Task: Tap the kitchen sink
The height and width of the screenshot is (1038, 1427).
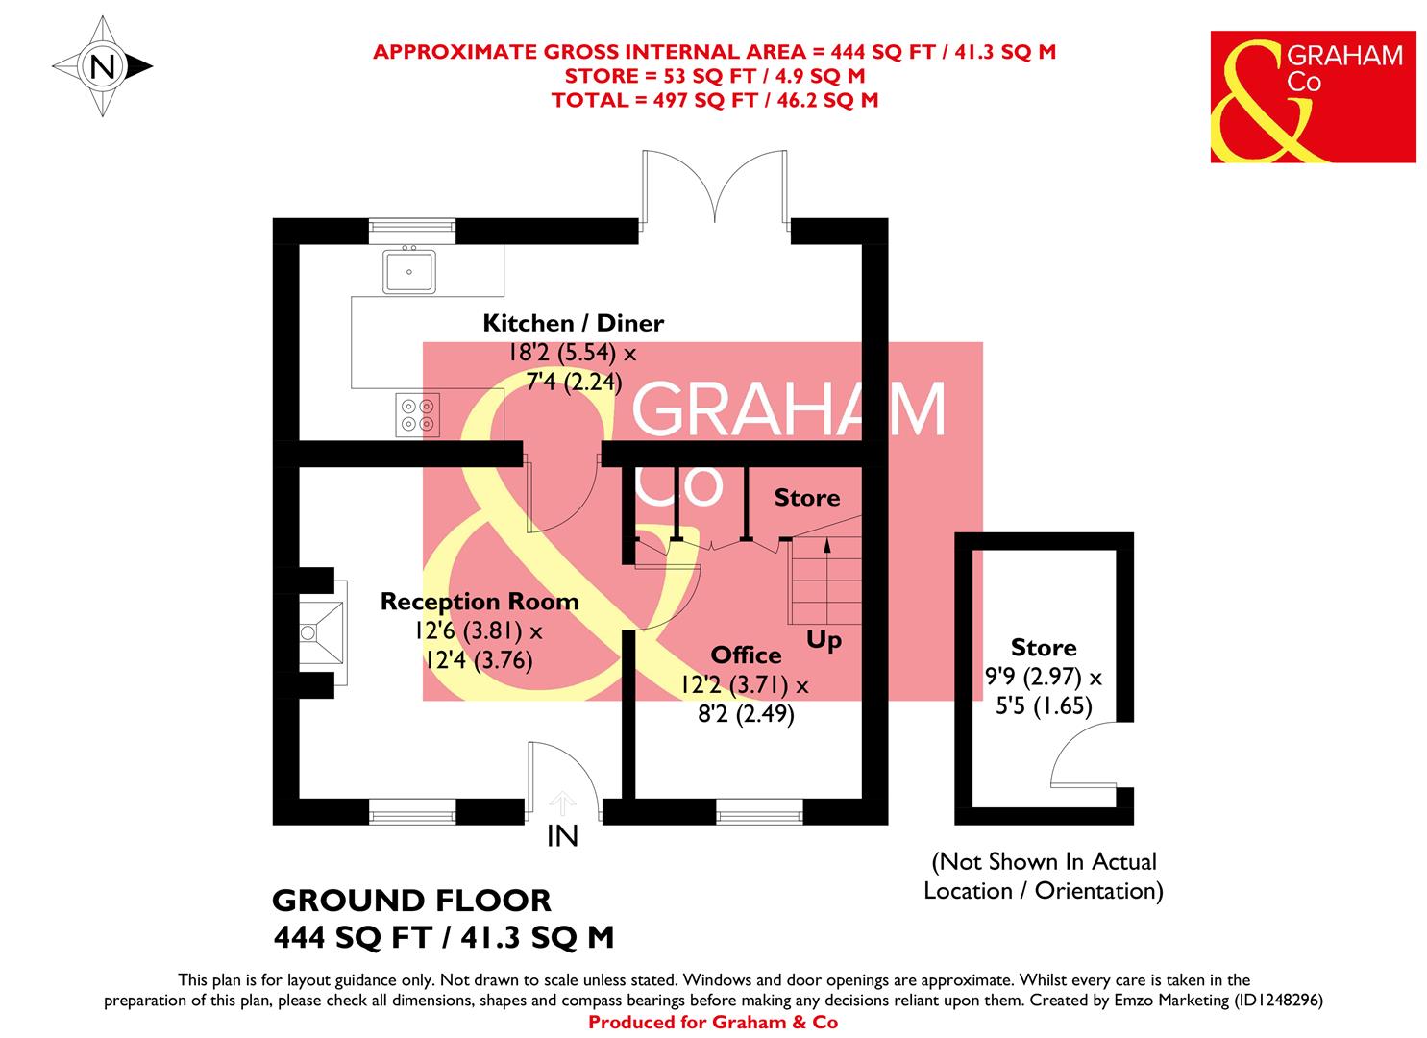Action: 409,270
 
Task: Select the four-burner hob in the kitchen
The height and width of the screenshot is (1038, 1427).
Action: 418,414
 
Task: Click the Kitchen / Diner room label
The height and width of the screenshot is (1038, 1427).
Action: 573,323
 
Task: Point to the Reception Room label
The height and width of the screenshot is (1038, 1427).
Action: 480,602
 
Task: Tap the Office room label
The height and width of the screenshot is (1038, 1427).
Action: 746,655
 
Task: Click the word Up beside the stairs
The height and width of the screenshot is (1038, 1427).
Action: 824,640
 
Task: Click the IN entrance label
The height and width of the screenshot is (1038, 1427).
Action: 562,837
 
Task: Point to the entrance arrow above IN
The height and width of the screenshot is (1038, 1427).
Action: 563,801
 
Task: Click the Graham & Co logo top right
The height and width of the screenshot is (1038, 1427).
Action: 1313,96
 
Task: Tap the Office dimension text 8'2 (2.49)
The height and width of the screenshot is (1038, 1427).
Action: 746,715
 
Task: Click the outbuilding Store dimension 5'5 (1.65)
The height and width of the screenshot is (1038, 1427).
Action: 1045,706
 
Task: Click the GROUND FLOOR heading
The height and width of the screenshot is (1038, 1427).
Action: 412,901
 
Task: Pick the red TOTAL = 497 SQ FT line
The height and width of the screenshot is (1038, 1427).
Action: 715,99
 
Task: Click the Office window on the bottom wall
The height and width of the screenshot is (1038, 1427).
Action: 759,814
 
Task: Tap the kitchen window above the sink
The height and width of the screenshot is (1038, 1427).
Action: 411,228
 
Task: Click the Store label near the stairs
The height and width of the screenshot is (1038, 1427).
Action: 807,498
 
